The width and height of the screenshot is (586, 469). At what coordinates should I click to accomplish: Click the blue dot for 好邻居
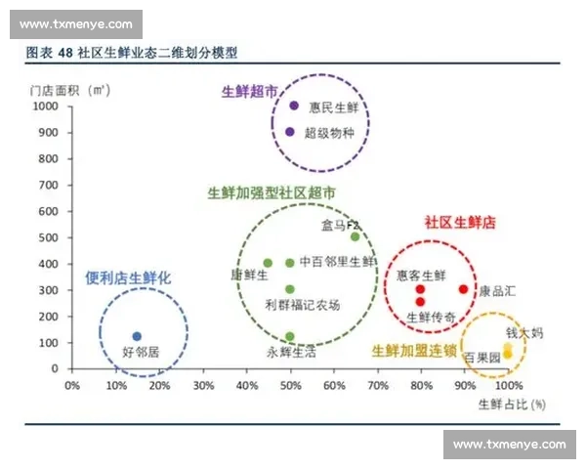[137, 336]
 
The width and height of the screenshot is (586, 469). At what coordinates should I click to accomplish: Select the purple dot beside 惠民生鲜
[293, 106]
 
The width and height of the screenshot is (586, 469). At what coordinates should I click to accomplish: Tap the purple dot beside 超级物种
[290, 132]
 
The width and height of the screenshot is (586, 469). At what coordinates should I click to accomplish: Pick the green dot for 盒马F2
[356, 236]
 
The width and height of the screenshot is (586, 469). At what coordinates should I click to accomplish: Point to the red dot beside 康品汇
[463, 289]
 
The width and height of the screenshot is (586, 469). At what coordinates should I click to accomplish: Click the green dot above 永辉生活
[290, 336]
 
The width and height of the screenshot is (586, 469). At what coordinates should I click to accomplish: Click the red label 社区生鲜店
[459, 222]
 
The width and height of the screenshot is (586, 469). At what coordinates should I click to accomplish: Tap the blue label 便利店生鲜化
[128, 278]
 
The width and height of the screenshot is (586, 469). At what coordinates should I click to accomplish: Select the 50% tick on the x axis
[290, 385]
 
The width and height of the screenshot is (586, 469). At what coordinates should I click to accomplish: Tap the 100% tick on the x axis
[509, 385]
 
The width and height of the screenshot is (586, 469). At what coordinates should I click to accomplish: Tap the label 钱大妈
[524, 333]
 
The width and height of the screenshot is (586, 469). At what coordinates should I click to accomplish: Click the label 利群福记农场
[303, 305]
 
